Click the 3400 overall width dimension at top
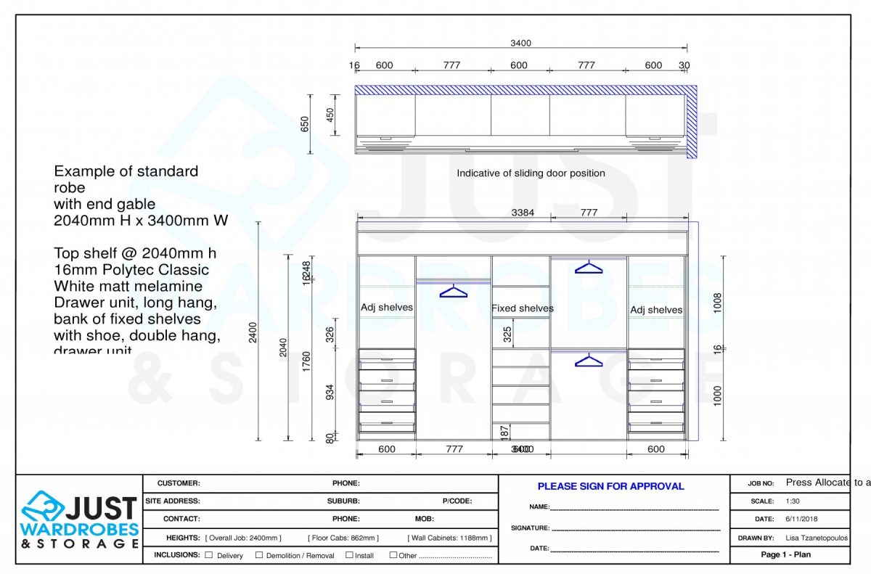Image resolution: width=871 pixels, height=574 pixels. pos(520,43)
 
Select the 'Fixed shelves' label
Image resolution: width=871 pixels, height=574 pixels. pos(522,308)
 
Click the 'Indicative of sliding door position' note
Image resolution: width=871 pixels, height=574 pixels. pos(531,173)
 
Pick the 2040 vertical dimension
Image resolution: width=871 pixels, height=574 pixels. pos(283,348)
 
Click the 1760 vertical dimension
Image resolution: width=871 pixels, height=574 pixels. pos(306,361)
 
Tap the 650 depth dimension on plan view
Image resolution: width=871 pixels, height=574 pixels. pos(305,124)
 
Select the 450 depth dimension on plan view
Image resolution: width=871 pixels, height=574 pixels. pos(330,115)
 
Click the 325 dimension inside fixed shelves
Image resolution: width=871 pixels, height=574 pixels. pos(508,335)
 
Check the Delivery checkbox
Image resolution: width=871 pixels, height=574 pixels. pos(209,555)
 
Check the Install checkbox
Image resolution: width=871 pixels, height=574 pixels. pos(349,555)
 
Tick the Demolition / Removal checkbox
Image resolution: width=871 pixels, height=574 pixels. pos(259,555)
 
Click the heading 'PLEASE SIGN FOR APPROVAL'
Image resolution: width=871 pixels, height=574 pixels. pos(610,486)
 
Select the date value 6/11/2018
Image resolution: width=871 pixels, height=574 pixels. pos(801,520)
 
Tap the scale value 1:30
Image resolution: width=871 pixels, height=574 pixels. pos(793,501)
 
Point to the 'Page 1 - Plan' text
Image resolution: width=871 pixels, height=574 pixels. pos(785,555)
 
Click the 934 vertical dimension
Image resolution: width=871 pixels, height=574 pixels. pos(330,393)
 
